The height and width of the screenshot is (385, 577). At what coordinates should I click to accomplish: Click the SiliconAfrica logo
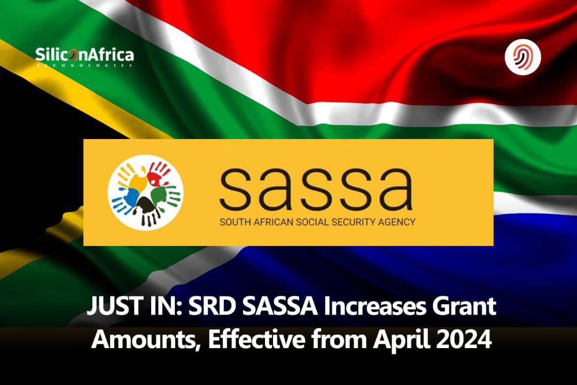(x=84, y=56)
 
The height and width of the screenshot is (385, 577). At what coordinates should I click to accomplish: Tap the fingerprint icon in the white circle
(x=523, y=57)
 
